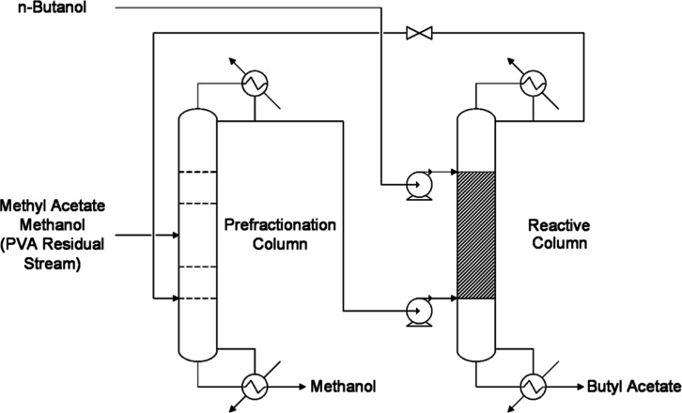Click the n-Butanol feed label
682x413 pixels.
pyautogui.click(x=53, y=8)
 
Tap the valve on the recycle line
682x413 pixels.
pyautogui.click(x=419, y=33)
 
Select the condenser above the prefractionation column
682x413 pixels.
pyautogui.click(x=255, y=83)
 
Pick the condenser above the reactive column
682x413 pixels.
pyautogui.click(x=534, y=83)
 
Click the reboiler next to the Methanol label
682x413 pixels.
pyautogui.click(x=255, y=386)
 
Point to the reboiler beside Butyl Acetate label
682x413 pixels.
pyautogui.click(x=534, y=386)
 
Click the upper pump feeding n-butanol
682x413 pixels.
pyautogui.click(x=419, y=186)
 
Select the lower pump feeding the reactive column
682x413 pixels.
pyautogui.click(x=419, y=312)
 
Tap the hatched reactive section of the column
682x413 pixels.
pyautogui.click(x=476, y=236)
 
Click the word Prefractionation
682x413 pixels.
pyautogui.click(x=280, y=224)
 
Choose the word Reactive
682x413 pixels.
pyautogui.click(x=559, y=225)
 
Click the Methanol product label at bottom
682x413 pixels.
pyautogui.click(x=343, y=386)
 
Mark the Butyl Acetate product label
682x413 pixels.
pyautogui.click(x=634, y=386)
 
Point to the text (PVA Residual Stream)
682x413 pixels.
pyautogui.click(x=53, y=253)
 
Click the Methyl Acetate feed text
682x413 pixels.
pyautogui.click(x=53, y=206)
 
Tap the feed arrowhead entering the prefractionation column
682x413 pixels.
pyautogui.click(x=176, y=236)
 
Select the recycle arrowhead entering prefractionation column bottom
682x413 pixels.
pyautogui.click(x=176, y=298)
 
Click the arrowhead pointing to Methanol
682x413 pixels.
pyautogui.click(x=302, y=386)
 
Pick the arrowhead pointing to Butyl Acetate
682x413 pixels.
pyautogui.click(x=581, y=386)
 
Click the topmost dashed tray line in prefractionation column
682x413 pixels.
pyautogui.click(x=198, y=172)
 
